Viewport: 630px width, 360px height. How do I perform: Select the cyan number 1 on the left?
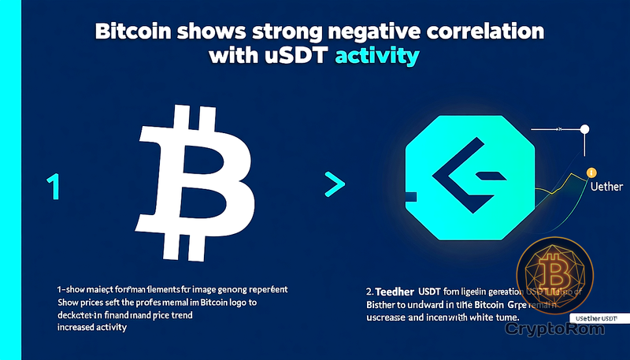[x=53, y=187]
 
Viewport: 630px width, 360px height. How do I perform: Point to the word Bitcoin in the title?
[x=137, y=33]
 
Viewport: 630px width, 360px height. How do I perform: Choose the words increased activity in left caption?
[x=92, y=328]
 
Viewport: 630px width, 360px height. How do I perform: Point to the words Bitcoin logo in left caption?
[x=228, y=303]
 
